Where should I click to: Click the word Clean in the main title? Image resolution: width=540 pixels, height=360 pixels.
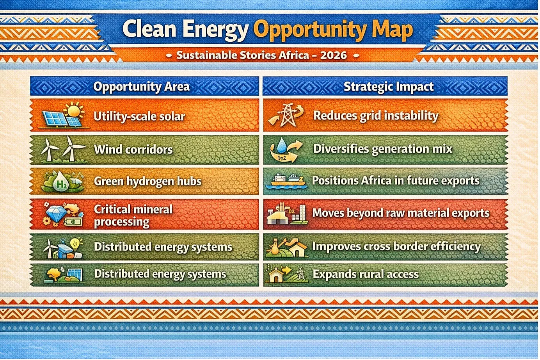149,29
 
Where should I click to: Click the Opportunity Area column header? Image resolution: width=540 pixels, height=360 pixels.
142,86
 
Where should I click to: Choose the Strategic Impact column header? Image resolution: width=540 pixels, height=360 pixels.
389,86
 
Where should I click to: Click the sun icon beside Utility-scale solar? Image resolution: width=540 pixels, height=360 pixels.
74,110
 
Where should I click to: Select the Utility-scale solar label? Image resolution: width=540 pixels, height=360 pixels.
139,116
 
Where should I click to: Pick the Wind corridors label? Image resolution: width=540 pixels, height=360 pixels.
133,150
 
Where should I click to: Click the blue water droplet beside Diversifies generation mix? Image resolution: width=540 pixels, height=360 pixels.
281,145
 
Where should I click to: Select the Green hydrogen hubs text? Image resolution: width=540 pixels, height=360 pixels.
147,181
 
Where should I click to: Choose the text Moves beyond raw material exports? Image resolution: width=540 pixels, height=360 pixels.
401,213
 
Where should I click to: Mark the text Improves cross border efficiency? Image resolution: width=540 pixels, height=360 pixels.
396,247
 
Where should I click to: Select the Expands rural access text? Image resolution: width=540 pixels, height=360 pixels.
366,274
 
